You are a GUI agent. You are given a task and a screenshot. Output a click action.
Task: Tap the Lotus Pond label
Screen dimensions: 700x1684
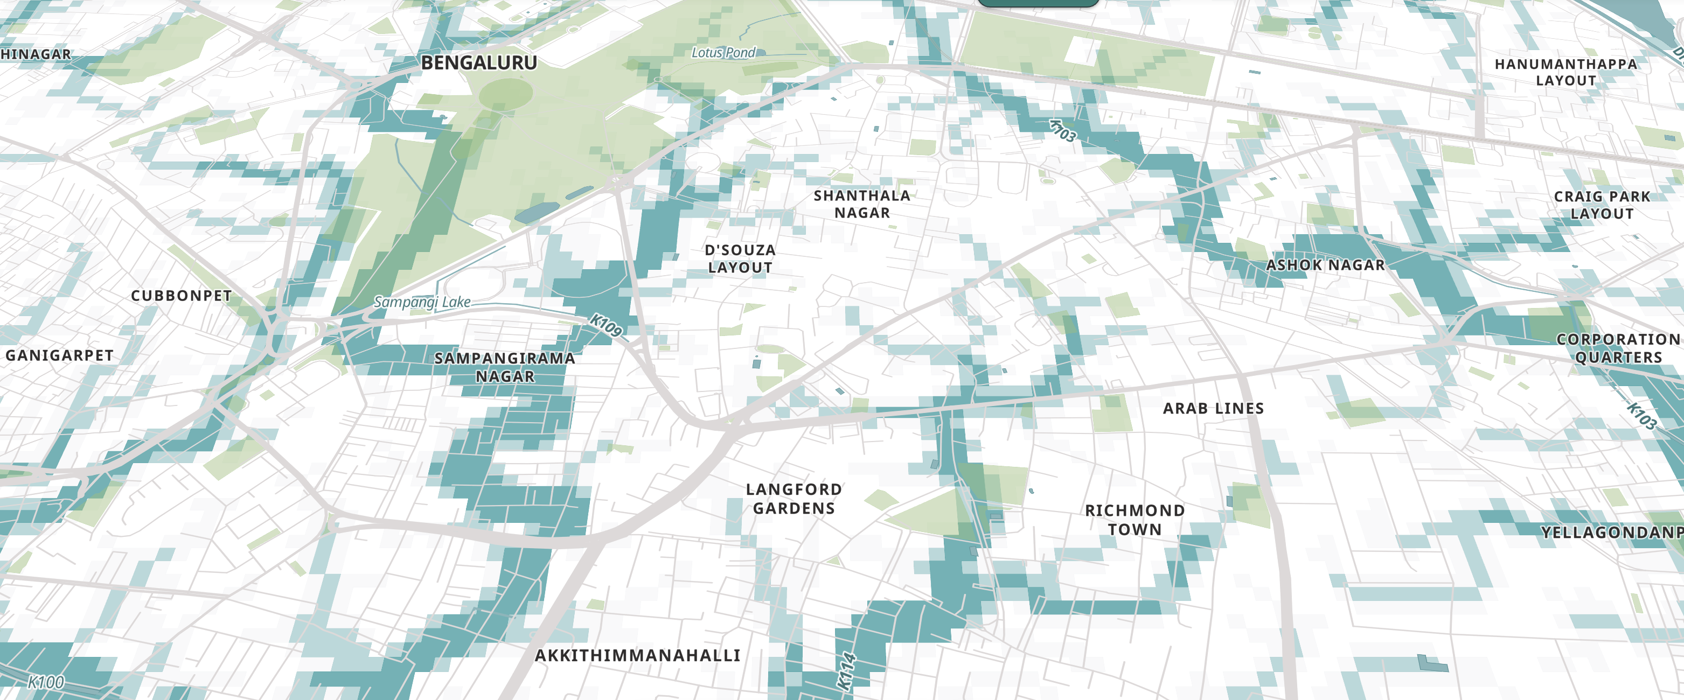[723, 52]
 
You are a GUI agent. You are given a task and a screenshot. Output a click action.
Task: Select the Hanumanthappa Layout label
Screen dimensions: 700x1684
[1565, 72]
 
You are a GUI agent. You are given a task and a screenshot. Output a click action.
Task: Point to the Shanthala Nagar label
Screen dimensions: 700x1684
[861, 204]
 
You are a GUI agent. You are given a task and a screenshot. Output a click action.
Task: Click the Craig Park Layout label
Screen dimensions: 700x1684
[1602, 205]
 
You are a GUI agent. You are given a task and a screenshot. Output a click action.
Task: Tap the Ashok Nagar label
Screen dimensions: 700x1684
[1325, 265]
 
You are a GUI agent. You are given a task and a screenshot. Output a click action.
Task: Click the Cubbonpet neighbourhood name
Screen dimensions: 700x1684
[181, 296]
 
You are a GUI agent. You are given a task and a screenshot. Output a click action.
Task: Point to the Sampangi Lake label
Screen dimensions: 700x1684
[422, 302]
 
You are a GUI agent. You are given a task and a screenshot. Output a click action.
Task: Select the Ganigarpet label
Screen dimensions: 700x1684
[59, 355]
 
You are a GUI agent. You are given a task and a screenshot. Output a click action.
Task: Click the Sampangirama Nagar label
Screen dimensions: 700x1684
[505, 367]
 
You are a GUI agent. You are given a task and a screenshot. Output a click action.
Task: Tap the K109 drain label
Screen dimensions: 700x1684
[606, 325]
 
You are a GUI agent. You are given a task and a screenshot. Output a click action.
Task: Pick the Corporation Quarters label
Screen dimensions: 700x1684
[1618, 348]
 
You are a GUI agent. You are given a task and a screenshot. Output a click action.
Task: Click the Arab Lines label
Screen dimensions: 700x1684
[1213, 408]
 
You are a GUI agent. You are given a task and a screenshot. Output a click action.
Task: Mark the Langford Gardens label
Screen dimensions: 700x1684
[794, 499]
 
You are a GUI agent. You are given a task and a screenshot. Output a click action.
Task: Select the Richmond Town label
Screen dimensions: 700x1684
[1135, 520]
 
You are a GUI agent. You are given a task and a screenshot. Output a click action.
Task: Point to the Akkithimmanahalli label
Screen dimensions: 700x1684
[637, 655]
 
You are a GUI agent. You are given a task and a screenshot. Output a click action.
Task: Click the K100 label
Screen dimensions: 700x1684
[46, 682]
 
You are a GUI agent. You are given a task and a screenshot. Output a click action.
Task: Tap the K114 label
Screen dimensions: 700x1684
[846, 670]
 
